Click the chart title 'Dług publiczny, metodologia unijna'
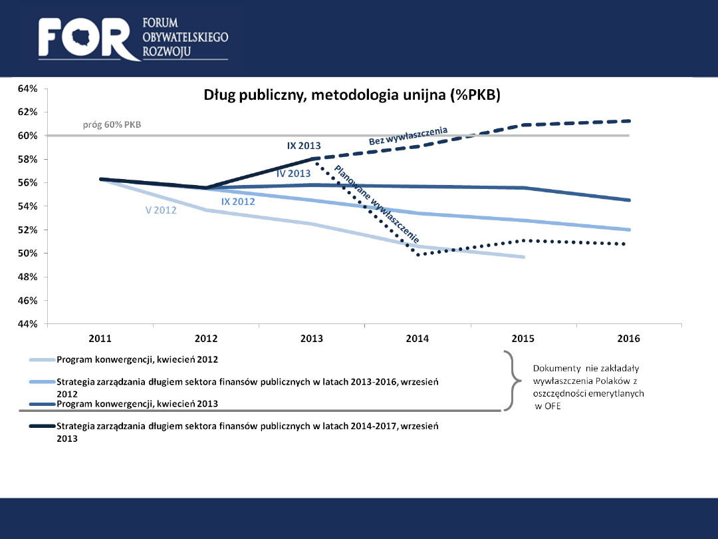(351, 96)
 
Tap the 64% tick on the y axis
(27, 89)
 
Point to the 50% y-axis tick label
(27, 254)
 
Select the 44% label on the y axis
(27, 324)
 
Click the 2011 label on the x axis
(100, 339)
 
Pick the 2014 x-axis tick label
(418, 339)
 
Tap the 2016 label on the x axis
(628, 339)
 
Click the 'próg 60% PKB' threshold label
(112, 124)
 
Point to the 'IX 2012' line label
(238, 201)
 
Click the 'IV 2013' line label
(293, 174)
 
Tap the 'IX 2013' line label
(304, 146)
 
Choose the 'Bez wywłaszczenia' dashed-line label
(408, 136)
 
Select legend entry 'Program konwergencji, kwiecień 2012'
(138, 359)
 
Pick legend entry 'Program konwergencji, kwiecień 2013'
(138, 404)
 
